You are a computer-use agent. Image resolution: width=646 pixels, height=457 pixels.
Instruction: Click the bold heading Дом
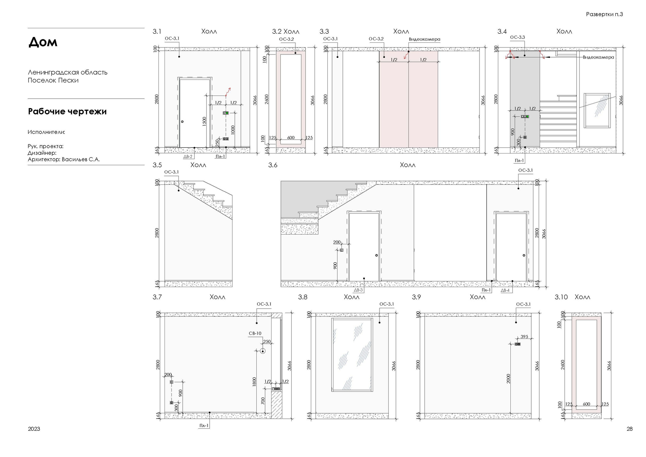coord(43,42)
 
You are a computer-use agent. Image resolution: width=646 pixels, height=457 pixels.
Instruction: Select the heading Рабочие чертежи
coord(67,112)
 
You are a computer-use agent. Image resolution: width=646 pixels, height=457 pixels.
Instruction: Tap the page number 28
coord(630,429)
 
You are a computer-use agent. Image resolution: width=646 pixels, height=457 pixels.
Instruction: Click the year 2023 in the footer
coord(34,429)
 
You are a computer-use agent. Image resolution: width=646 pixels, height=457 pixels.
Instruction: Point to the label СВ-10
coord(255,333)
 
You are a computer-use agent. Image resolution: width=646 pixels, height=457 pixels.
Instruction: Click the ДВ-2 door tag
coord(188,156)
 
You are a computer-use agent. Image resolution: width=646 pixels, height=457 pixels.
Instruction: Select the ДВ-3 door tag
coord(358,290)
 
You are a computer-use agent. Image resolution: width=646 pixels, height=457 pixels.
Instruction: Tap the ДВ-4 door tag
coord(505,290)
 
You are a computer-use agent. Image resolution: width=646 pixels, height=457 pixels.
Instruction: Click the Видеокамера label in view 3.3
coord(424,39)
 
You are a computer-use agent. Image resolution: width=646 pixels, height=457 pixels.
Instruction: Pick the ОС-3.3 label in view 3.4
coord(517,37)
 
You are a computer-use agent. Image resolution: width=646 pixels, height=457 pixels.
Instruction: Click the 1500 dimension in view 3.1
coord(204,121)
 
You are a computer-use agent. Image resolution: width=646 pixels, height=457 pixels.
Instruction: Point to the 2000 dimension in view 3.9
coord(508,379)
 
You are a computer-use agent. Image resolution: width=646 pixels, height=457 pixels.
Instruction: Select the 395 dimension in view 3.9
coord(524,337)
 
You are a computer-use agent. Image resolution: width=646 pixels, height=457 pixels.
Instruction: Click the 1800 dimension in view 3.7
coord(254,382)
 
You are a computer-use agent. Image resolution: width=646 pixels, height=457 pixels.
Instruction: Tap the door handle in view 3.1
coord(182,121)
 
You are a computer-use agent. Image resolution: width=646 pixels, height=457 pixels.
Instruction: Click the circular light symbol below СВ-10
coord(263,351)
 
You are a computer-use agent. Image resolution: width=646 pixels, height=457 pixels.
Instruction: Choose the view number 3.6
coord(273,165)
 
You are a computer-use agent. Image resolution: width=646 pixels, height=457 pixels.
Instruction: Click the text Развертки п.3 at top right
coord(604,14)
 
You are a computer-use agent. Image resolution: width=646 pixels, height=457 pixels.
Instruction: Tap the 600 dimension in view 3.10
coord(586,404)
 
